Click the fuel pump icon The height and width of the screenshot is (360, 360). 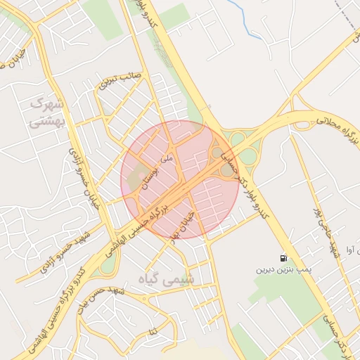click(x=283, y=258)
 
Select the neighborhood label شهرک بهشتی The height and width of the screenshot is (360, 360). click(x=46, y=112)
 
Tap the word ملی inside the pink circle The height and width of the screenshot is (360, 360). click(x=167, y=159)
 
